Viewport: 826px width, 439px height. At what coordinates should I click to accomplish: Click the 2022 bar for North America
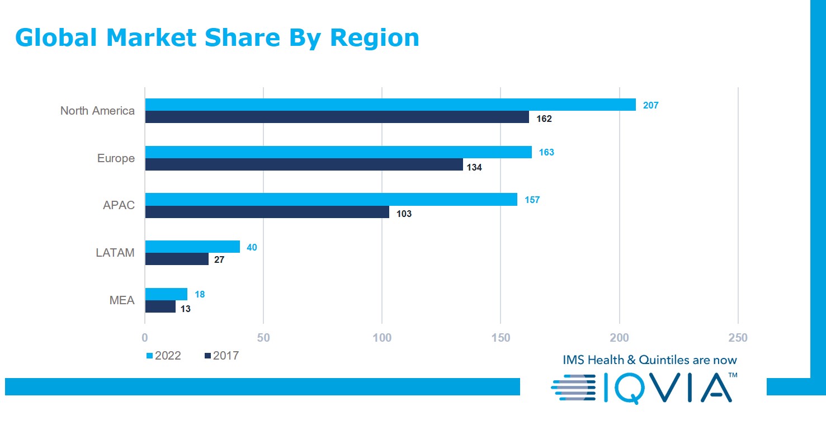[390, 105]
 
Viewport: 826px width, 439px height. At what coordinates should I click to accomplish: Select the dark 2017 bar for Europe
[304, 164]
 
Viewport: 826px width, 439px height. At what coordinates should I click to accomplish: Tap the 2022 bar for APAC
[331, 199]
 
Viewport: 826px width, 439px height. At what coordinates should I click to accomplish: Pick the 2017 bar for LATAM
[177, 259]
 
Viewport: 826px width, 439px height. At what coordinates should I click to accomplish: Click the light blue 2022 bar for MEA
[166, 294]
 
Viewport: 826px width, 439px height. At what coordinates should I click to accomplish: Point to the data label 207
[650, 105]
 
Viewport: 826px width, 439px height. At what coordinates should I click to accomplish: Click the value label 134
[474, 167]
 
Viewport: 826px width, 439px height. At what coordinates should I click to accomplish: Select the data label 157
[532, 200]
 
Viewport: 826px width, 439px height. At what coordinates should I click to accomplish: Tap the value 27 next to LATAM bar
[219, 260]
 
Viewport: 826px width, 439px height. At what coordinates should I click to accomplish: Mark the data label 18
[200, 295]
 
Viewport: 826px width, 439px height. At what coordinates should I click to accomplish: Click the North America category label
[97, 111]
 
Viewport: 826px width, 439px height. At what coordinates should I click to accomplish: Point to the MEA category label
[122, 300]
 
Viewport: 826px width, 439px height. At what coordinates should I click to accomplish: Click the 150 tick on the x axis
[501, 338]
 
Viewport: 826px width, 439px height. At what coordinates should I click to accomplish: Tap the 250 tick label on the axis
[738, 338]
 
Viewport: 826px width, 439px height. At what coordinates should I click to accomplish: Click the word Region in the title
[374, 37]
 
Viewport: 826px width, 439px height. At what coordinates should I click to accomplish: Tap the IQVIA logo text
[668, 388]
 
